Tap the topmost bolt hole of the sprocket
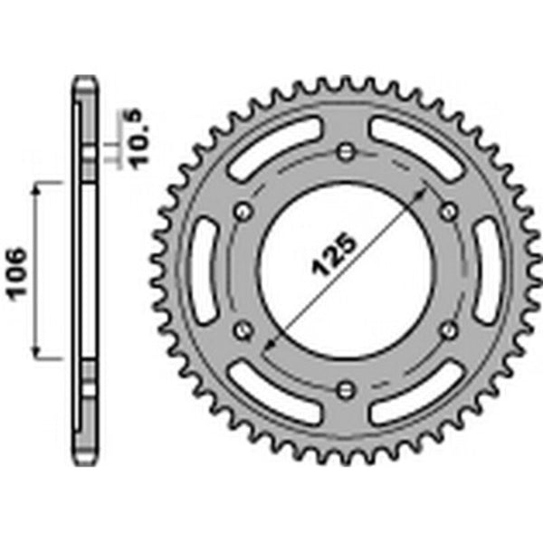click(345, 151)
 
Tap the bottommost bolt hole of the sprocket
click(345, 389)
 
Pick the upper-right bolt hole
click(448, 211)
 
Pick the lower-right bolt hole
click(448, 330)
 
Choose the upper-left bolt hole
click(242, 211)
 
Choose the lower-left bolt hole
click(242, 330)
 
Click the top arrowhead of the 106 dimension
click(37, 183)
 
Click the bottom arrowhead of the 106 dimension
click(37, 355)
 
